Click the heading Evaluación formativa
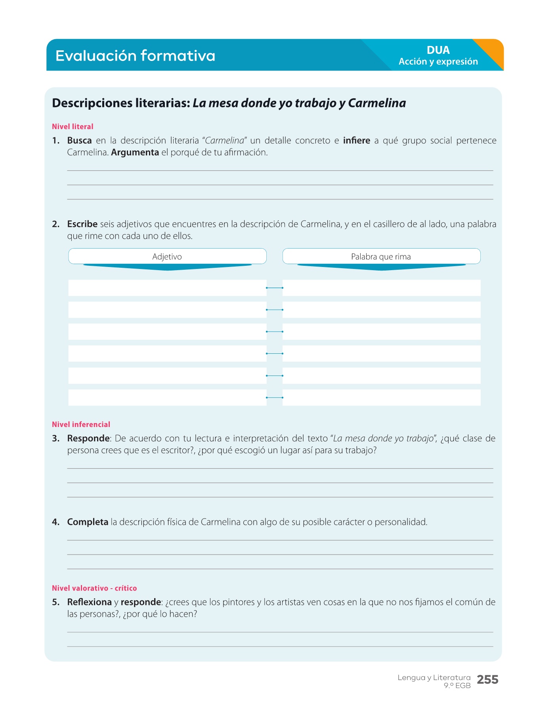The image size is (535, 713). [135, 55]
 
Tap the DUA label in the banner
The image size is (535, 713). [438, 50]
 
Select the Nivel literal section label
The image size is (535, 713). [73, 127]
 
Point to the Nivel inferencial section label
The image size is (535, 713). [81, 425]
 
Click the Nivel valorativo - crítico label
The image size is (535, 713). [94, 588]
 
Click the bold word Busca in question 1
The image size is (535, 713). [79, 141]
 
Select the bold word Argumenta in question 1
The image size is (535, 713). [135, 153]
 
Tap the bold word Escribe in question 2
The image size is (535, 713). [82, 224]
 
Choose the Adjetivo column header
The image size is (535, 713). [167, 257]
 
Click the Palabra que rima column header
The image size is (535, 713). [381, 257]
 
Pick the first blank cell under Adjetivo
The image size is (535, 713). [167, 288]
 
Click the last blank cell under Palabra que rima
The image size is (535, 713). [381, 397]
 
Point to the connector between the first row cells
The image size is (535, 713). [274, 288]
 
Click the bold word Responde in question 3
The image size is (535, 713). [88, 438]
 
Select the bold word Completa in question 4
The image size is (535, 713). [88, 522]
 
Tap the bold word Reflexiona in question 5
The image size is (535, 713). [89, 602]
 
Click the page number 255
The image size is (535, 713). [487, 680]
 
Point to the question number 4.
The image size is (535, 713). [55, 522]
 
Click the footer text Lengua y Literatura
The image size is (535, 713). [434, 678]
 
